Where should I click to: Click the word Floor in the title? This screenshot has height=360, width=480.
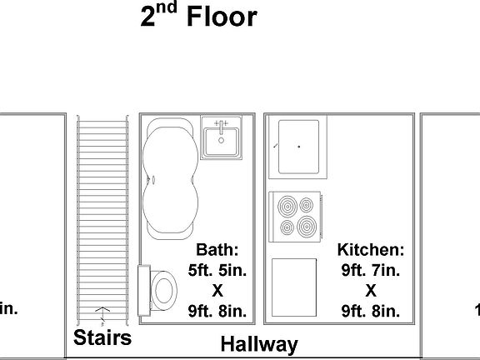click(x=222, y=17)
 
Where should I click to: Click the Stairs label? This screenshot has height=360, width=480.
click(x=102, y=337)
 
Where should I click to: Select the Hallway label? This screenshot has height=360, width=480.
click(x=258, y=344)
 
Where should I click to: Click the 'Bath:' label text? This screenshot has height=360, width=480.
click(x=217, y=250)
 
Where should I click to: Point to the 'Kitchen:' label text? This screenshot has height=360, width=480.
click(x=371, y=250)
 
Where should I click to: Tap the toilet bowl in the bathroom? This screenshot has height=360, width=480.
click(x=164, y=291)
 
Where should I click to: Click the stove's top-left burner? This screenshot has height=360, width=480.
click(x=287, y=205)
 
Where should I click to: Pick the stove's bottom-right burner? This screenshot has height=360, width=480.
click(x=307, y=225)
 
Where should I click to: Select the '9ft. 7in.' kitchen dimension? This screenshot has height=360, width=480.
click(x=371, y=270)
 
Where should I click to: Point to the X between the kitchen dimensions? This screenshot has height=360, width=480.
click(x=371, y=291)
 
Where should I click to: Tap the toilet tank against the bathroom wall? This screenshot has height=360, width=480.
click(x=144, y=291)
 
